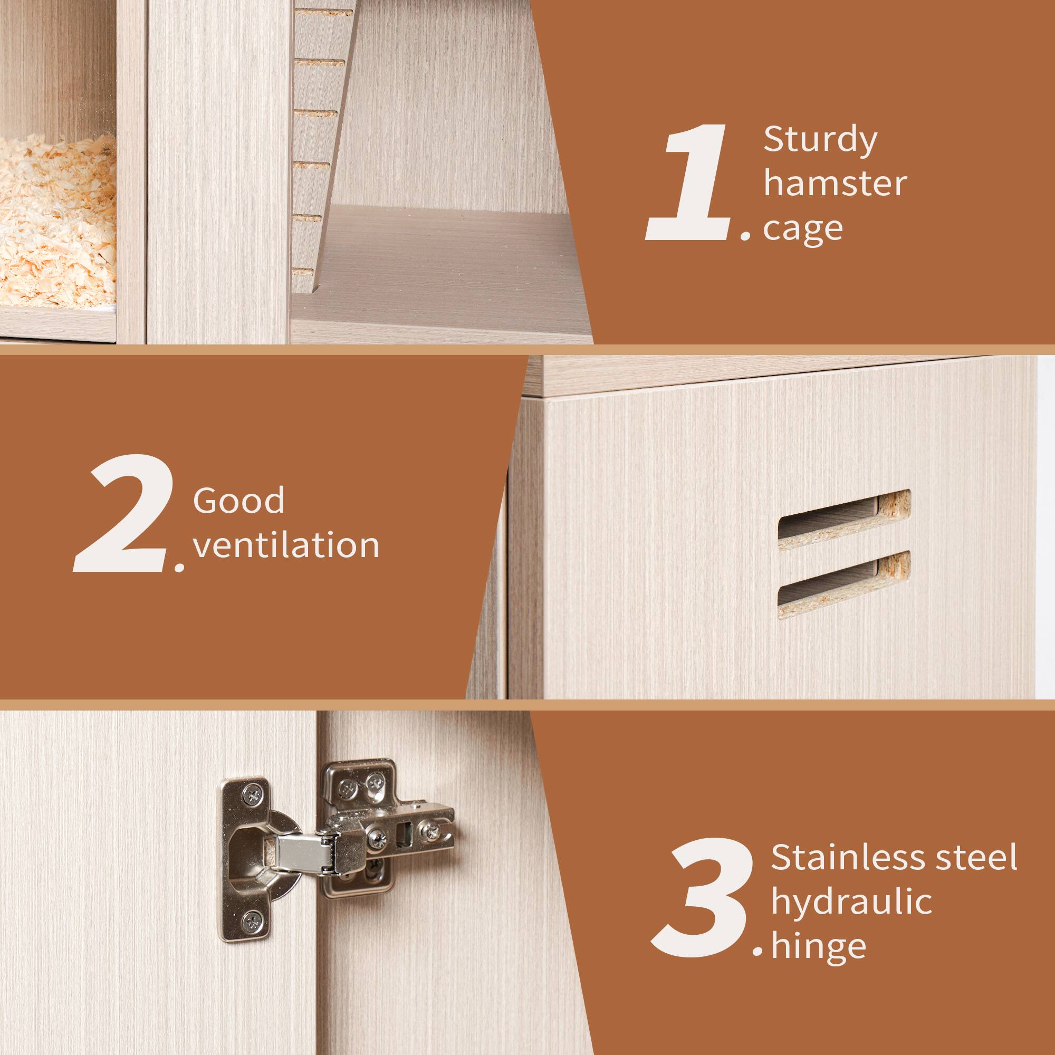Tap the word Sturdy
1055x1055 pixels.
point(820,140)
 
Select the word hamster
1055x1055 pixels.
point(835,184)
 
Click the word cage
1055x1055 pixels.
point(803,229)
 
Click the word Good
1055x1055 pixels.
point(238,500)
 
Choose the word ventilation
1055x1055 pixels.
point(286,545)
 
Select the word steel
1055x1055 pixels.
point(976,857)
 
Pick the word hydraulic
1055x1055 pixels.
point(851,901)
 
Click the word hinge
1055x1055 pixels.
point(819,946)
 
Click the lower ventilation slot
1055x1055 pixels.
point(843,584)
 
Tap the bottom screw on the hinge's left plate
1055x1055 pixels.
point(252,922)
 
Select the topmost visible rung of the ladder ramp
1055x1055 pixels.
point(323,12)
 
